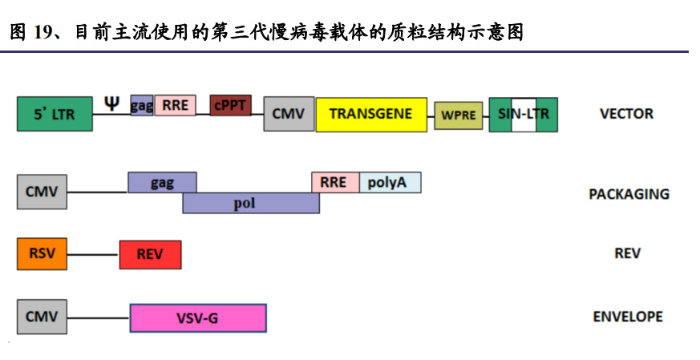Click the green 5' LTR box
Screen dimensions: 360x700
(x=54, y=114)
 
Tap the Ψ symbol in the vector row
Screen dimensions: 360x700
(x=112, y=102)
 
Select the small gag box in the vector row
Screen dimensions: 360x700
(x=141, y=105)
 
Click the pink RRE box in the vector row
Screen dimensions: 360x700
(x=174, y=105)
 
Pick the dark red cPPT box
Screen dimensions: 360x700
(x=231, y=105)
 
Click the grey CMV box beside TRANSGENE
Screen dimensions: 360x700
(x=289, y=114)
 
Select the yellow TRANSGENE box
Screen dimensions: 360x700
(x=370, y=114)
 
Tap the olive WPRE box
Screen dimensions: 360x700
(x=459, y=115)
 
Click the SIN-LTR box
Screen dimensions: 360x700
(x=524, y=114)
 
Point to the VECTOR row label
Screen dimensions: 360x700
(x=626, y=114)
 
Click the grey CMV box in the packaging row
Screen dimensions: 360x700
(x=42, y=192)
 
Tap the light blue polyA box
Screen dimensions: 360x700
(x=390, y=183)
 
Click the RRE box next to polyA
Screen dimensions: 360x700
(x=334, y=183)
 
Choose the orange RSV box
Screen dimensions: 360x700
(x=42, y=254)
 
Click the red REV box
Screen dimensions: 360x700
(x=150, y=254)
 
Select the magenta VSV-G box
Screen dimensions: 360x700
(x=197, y=318)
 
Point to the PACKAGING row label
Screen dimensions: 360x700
(x=629, y=194)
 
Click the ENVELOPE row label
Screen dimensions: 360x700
(x=628, y=317)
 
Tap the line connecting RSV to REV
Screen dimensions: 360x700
(x=93, y=255)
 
